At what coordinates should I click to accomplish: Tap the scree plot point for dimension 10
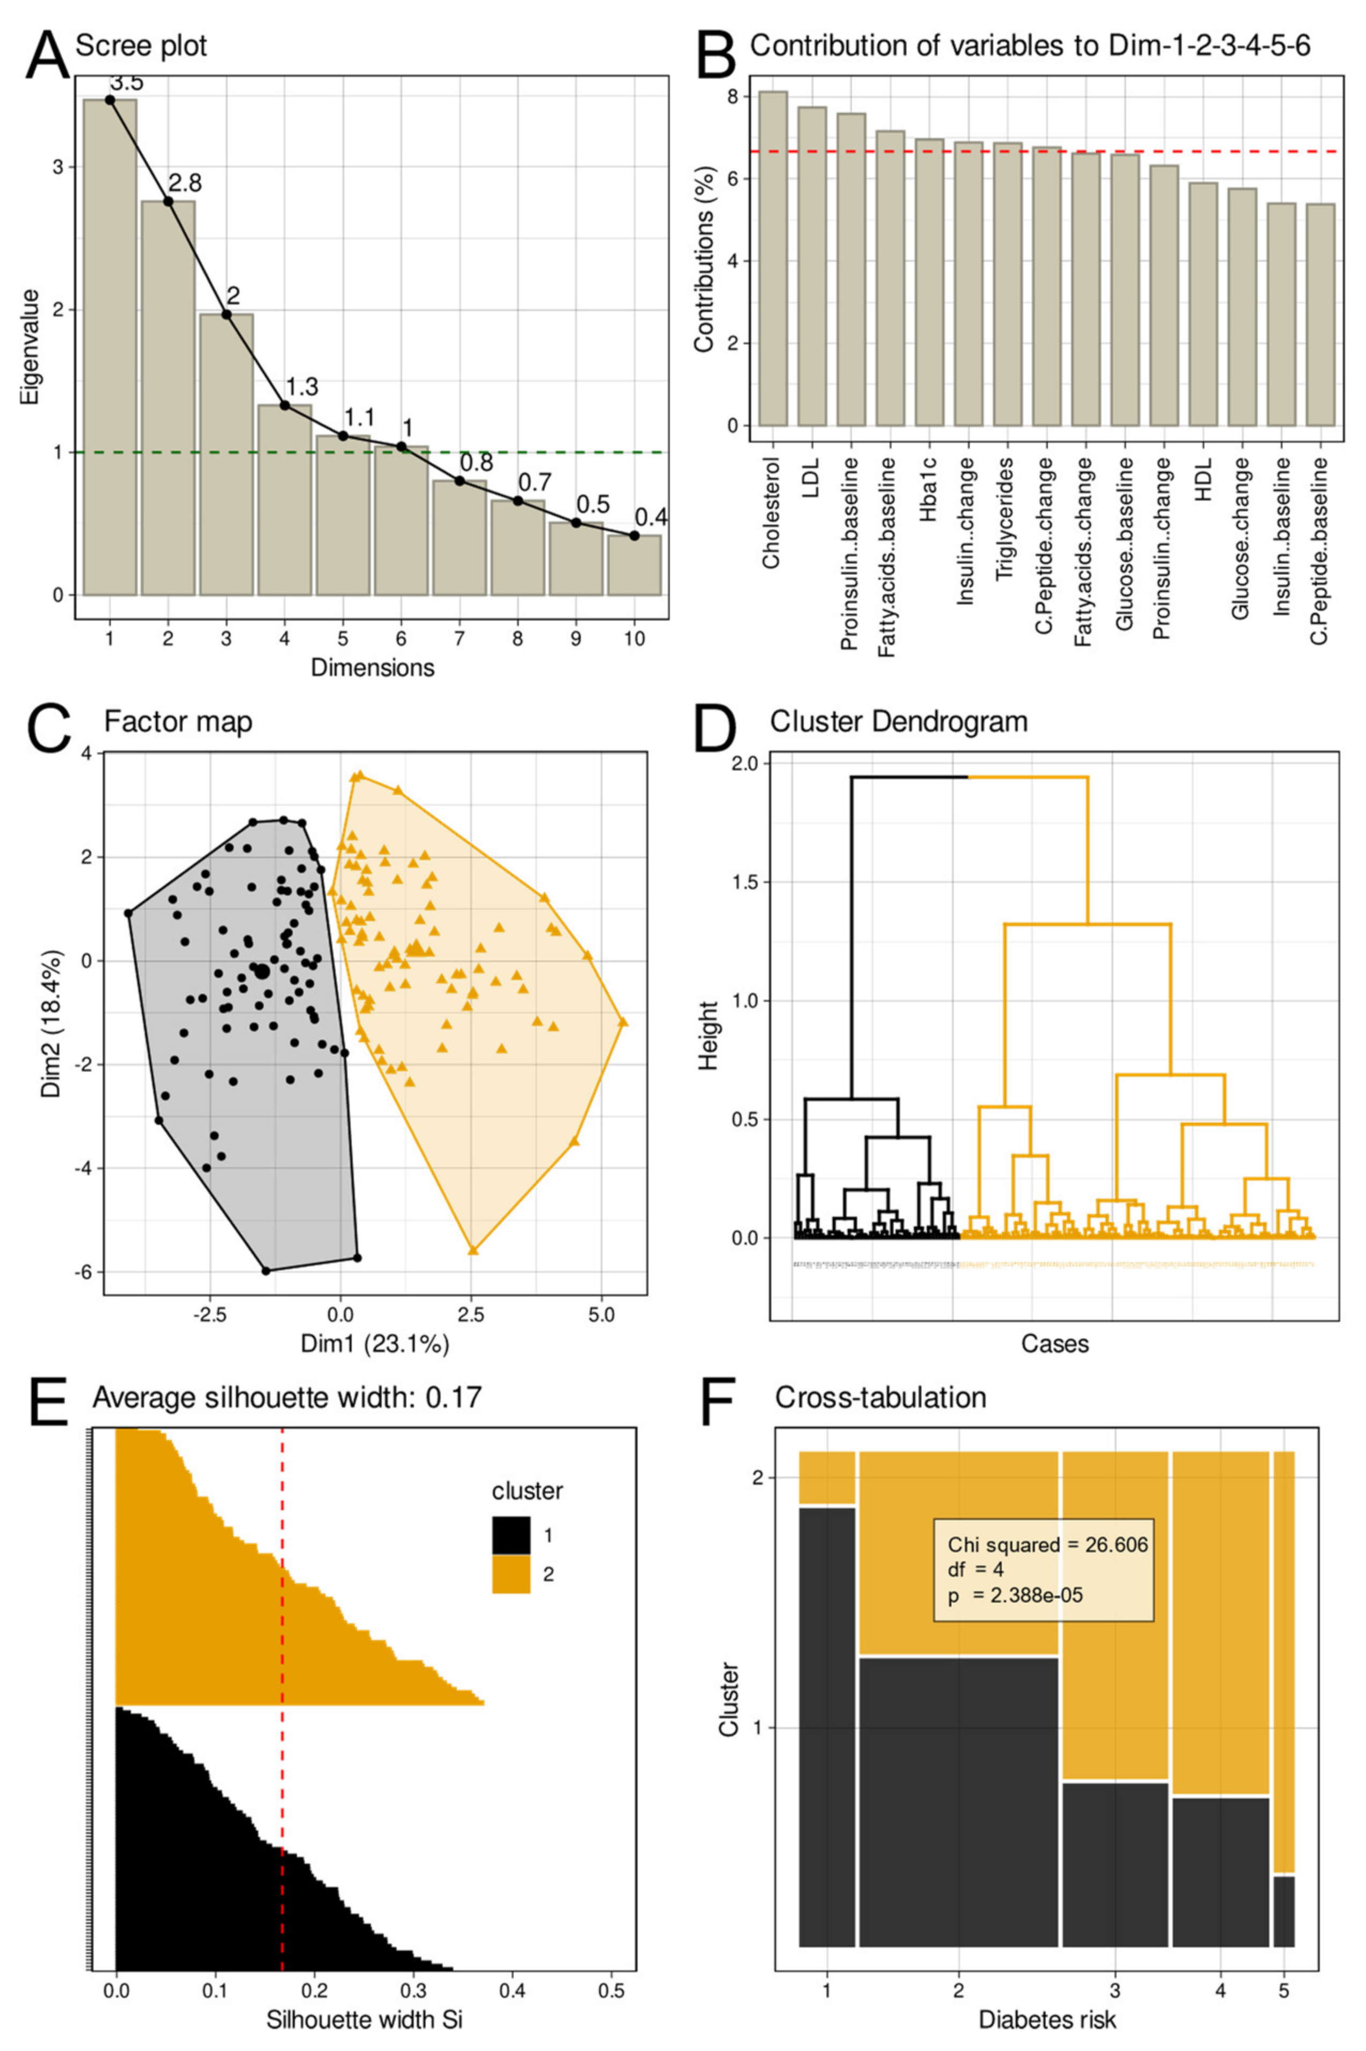click(x=634, y=535)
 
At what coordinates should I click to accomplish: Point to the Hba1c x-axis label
click(x=928, y=499)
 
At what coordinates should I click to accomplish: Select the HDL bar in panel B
click(x=1203, y=304)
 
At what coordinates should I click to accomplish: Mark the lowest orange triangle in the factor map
click(x=473, y=1250)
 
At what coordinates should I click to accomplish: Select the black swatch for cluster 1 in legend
click(x=511, y=1535)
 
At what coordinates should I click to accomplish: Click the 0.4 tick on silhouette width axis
click(x=512, y=1966)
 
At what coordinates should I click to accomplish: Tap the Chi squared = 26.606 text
click(x=1047, y=1545)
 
